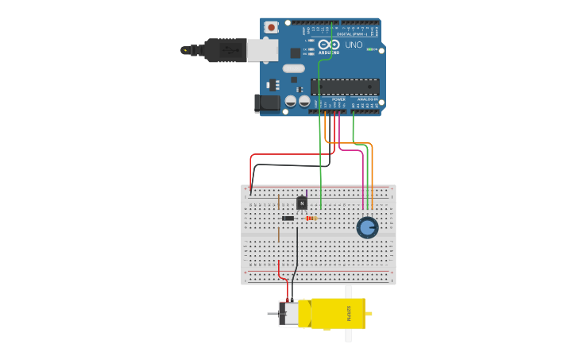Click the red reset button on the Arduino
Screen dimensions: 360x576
tap(272, 27)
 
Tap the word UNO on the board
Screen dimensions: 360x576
tap(354, 45)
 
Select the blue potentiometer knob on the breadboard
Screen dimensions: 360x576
tap(366, 228)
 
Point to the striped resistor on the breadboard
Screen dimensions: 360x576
tap(311, 218)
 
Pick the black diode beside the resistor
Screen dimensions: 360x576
tap(288, 218)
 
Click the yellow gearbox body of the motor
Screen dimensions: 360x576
tap(338, 313)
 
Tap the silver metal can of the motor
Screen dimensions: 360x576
tap(292, 313)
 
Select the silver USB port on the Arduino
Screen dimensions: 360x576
tap(262, 50)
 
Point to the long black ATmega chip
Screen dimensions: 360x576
tap(345, 86)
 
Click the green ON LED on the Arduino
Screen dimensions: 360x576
tap(370, 49)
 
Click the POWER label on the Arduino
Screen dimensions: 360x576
tap(328, 99)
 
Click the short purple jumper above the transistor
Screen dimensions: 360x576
tap(301, 194)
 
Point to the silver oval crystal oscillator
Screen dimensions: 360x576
tap(293, 68)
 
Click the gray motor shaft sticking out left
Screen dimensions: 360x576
tap(272, 315)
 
